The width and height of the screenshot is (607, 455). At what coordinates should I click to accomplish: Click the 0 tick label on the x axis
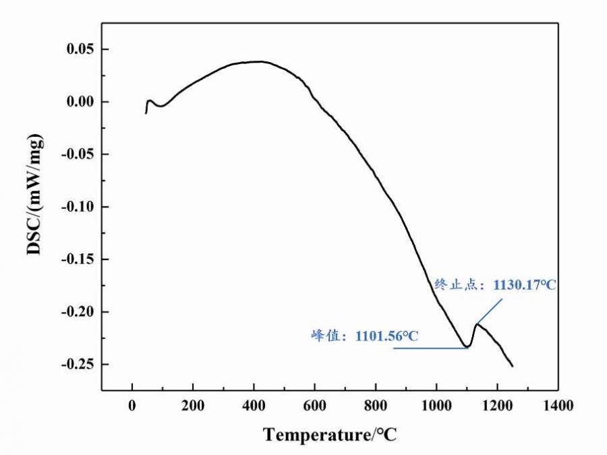coord(132,406)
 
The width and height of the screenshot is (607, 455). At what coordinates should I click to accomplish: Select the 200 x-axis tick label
coord(193,406)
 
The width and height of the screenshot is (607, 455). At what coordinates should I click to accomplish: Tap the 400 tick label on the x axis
coord(254,406)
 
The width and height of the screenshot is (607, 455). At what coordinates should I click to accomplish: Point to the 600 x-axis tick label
coord(314,406)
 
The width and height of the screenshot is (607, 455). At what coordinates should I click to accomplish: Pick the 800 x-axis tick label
coord(375,406)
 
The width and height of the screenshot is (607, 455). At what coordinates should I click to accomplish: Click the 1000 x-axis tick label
coord(436,406)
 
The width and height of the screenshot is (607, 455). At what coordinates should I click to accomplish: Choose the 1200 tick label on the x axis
coord(497,406)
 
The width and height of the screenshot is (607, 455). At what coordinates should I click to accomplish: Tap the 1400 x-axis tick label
coord(558,406)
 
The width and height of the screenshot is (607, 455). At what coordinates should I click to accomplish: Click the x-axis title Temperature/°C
coord(330,435)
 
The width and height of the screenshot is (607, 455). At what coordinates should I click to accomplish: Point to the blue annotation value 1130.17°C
coord(525,285)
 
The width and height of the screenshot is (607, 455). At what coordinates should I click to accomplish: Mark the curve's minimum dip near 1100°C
coord(467,347)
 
